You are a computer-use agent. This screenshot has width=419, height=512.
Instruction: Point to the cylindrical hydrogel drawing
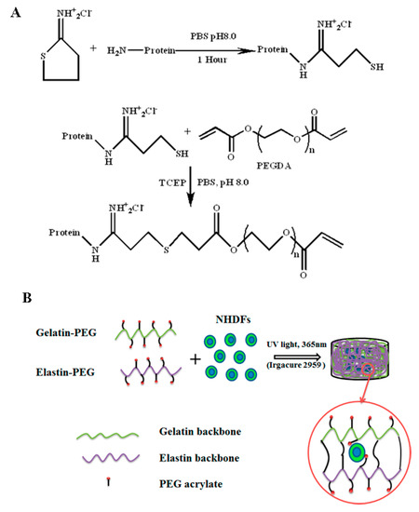[x=371, y=356]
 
